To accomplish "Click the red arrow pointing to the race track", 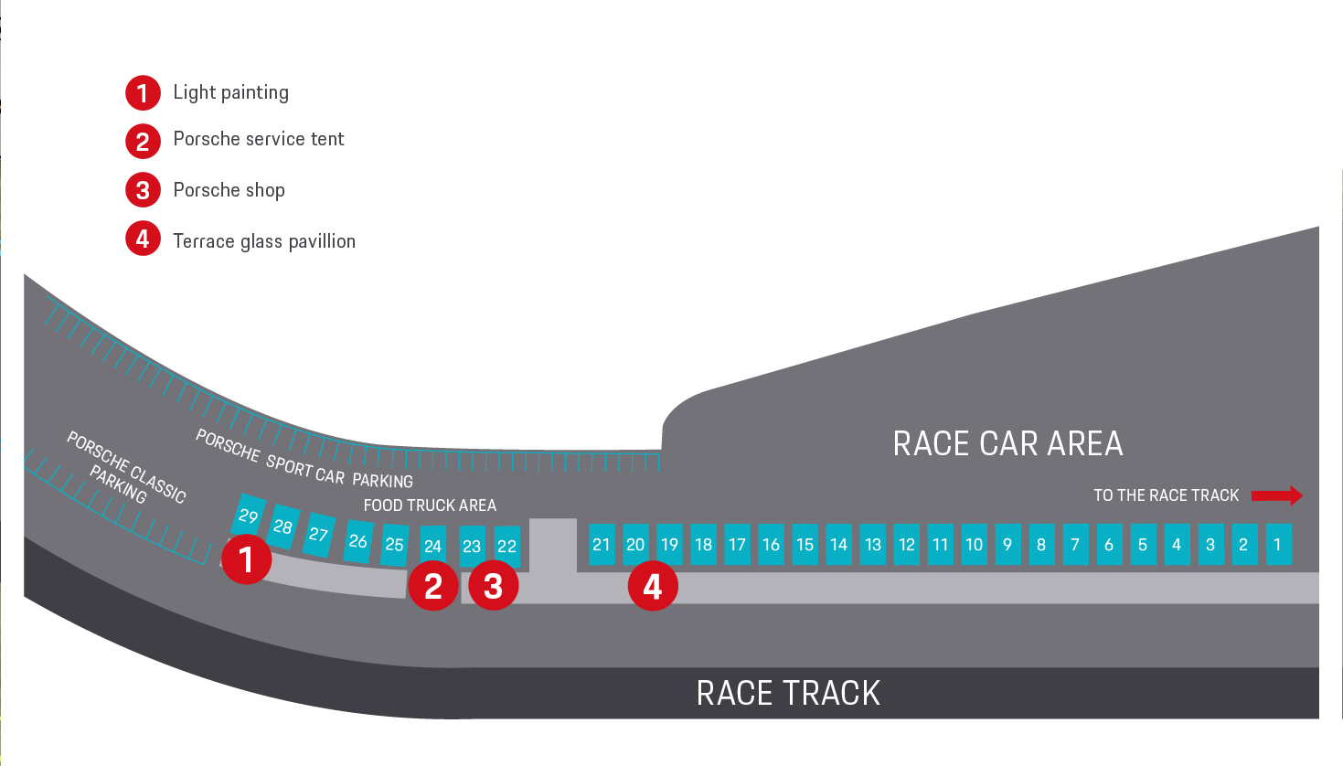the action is point(1277,495).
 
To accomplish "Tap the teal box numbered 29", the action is point(249,515).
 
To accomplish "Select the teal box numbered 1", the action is point(1278,544).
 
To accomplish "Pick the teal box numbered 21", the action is point(602,544).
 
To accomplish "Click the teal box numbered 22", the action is point(507,546).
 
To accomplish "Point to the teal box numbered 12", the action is point(907,544).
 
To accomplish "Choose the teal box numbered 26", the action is point(358,541).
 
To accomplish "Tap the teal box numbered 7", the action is point(1076,544).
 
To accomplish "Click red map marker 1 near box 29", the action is point(247,559).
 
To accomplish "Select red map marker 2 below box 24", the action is point(432,586).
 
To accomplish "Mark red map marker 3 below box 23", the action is point(494,586).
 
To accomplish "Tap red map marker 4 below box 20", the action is point(653,586).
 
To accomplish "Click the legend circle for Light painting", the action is point(143,93).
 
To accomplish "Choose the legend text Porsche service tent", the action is point(259,139).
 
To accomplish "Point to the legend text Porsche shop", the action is point(229,190).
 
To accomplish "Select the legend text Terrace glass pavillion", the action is point(264,241).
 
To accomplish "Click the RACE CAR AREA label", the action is point(1007,443).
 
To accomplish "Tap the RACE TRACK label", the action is point(788,693).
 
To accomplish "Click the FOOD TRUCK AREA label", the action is point(430,505).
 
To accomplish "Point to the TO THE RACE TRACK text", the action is point(1167,495).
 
